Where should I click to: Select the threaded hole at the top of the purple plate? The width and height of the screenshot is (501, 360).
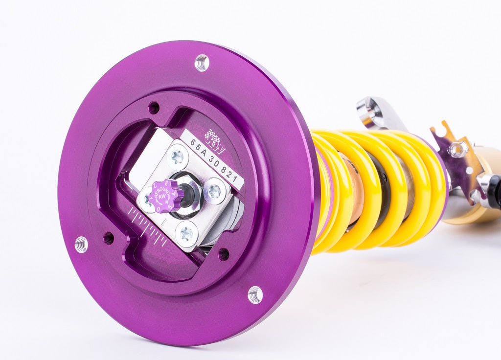tap(202, 63)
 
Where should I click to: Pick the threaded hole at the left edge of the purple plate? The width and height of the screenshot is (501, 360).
tap(81, 244)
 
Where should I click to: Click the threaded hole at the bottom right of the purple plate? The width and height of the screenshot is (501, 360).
tap(255, 294)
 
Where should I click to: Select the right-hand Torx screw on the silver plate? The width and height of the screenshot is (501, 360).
tap(214, 191)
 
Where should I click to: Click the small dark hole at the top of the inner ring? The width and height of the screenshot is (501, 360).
tap(154, 107)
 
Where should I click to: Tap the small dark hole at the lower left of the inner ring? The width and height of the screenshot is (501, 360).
tap(109, 238)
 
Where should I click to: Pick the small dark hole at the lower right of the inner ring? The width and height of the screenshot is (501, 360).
tap(223, 254)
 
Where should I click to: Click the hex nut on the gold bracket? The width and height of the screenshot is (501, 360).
tap(458, 150)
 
